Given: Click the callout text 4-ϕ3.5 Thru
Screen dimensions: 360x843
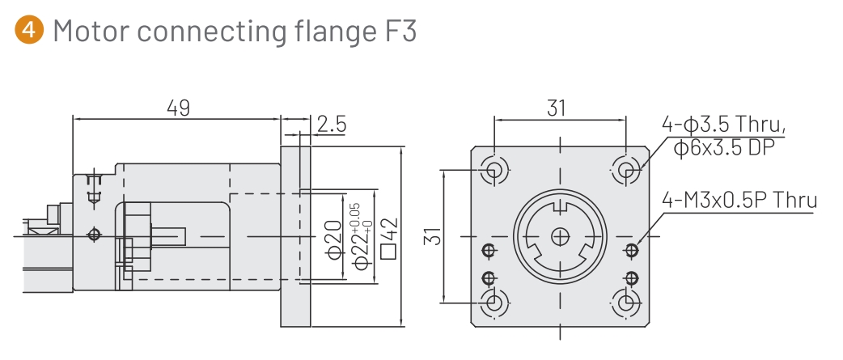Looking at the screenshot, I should [723, 125].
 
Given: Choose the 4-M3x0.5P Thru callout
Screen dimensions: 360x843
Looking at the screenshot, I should [739, 199].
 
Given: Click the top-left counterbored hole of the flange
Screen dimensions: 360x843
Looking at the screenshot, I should [494, 170].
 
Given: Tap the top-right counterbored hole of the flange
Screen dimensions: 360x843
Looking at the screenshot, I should [625, 170].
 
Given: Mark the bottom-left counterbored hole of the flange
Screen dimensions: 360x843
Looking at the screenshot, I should [494, 303].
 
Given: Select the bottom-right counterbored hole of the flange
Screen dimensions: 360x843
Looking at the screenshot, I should [625, 303].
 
